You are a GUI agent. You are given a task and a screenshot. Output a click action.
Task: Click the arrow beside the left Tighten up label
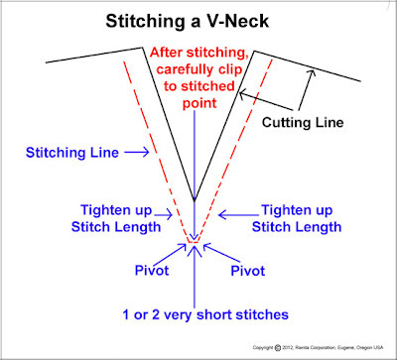coord(166,213)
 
